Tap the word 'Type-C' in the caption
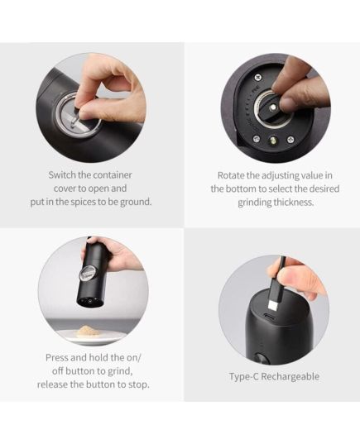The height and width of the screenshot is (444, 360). point(243,376)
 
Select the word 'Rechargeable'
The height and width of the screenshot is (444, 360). point(290,376)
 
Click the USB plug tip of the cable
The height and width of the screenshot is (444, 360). point(272,306)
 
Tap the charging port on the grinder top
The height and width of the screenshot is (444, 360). point(270,317)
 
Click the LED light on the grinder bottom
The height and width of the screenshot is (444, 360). point(273,141)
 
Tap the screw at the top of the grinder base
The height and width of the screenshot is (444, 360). point(257,77)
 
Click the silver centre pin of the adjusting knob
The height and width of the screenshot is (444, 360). point(272,108)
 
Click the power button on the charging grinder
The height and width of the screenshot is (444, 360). point(261,359)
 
